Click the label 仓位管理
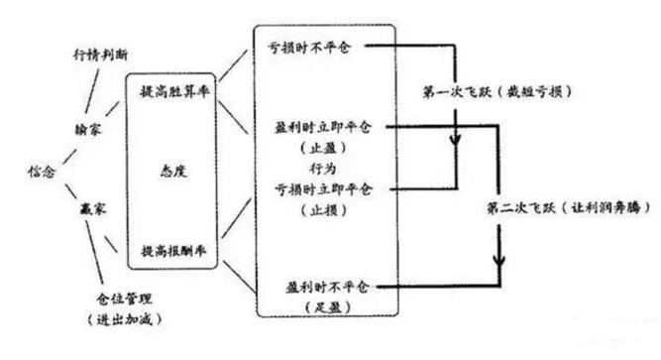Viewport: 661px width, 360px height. tap(126, 297)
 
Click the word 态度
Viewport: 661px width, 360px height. tap(174, 171)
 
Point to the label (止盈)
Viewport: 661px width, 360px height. tap(319, 149)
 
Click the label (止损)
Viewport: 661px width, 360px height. tap(319, 206)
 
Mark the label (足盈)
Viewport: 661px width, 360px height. tap(319, 305)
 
